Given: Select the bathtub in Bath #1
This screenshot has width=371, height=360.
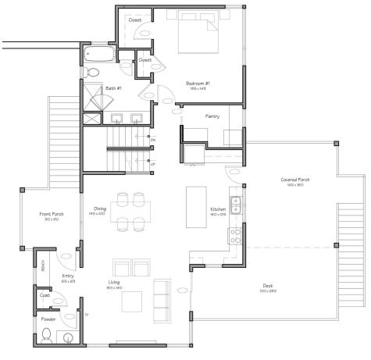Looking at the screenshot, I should tap(99, 54).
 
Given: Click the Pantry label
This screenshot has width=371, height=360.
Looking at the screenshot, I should tap(212, 116).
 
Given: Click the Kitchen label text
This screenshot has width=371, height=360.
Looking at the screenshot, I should tap(218, 209).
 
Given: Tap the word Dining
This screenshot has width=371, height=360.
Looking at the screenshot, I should tap(100, 209).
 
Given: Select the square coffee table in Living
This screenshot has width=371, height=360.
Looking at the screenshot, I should tap(130, 300).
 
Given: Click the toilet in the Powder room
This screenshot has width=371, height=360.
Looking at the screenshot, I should tap(48, 336).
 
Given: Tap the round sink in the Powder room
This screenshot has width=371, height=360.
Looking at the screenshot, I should tap(68, 338).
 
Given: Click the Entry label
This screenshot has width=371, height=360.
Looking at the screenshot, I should tap(68, 276).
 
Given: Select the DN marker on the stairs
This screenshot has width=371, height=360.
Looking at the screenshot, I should tap(153, 139).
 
